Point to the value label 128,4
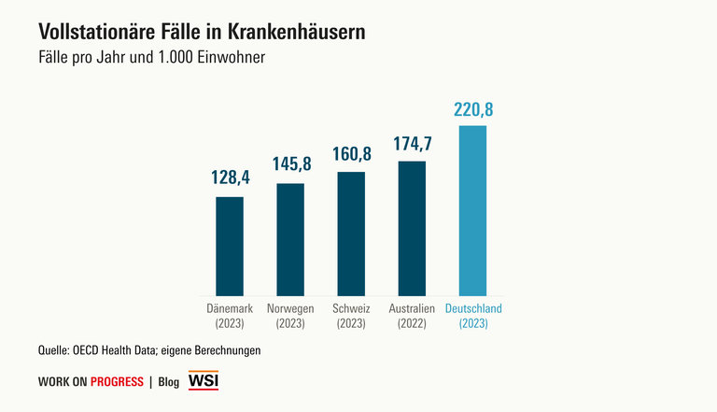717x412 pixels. point(230,178)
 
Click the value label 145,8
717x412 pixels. point(290,164)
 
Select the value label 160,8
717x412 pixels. point(351,153)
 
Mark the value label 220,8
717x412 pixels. point(473,109)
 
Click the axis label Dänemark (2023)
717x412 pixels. point(230,316)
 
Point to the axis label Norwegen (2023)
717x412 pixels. point(290,316)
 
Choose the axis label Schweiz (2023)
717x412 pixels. point(351,316)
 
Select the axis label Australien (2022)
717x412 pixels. point(412,316)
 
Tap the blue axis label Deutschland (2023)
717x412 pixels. point(473,316)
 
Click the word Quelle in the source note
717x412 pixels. point(54,350)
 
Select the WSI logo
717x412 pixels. point(203,381)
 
